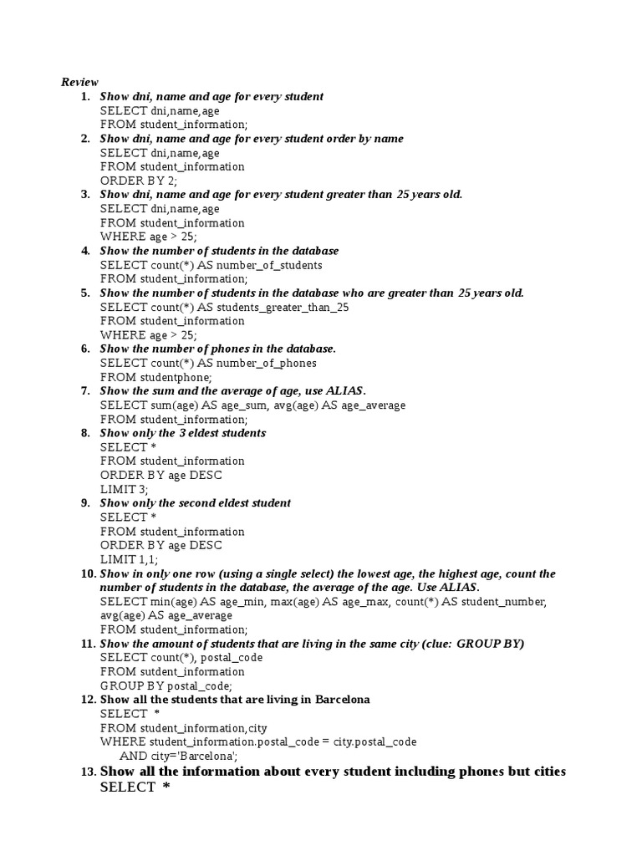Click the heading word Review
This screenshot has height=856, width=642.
[x=79, y=82]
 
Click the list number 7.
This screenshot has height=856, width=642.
[x=85, y=391]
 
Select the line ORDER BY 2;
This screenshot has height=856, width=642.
[x=139, y=181]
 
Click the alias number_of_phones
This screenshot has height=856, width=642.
[x=267, y=363]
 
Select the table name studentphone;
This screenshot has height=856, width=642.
[x=176, y=377]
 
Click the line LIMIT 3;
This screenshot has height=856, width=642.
[x=124, y=489]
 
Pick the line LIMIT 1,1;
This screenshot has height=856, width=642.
[x=129, y=559]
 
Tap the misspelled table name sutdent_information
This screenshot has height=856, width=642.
[x=192, y=671]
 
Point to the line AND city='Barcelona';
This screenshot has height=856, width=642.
[x=179, y=755]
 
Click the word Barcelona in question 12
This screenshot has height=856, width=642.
[x=343, y=699]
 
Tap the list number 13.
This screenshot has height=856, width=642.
[x=89, y=772]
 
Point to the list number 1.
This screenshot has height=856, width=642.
[x=85, y=96]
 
